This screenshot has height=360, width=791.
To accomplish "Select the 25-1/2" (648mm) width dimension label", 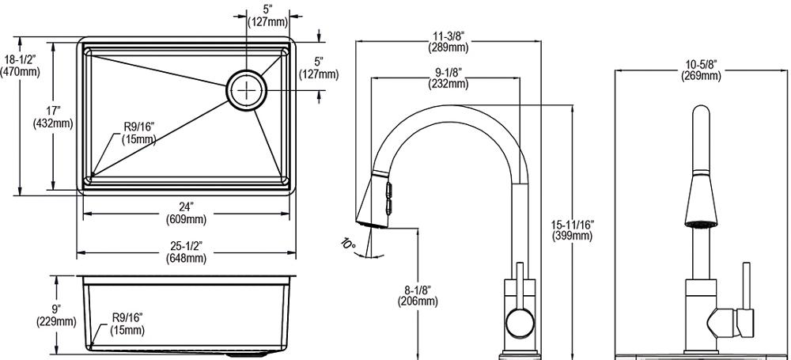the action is (x=186, y=252).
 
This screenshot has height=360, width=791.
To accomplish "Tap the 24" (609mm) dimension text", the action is (x=186, y=213).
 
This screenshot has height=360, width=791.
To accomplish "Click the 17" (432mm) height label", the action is (x=52, y=116).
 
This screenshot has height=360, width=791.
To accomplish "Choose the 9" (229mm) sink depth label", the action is (x=56, y=315).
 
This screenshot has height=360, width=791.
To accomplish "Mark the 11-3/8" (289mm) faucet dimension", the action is (x=448, y=41).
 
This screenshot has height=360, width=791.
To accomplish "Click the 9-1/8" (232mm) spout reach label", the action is (x=448, y=78).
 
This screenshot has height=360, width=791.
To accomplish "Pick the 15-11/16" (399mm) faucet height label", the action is (x=572, y=229).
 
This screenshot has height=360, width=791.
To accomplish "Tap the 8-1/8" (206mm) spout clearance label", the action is (x=417, y=295).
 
